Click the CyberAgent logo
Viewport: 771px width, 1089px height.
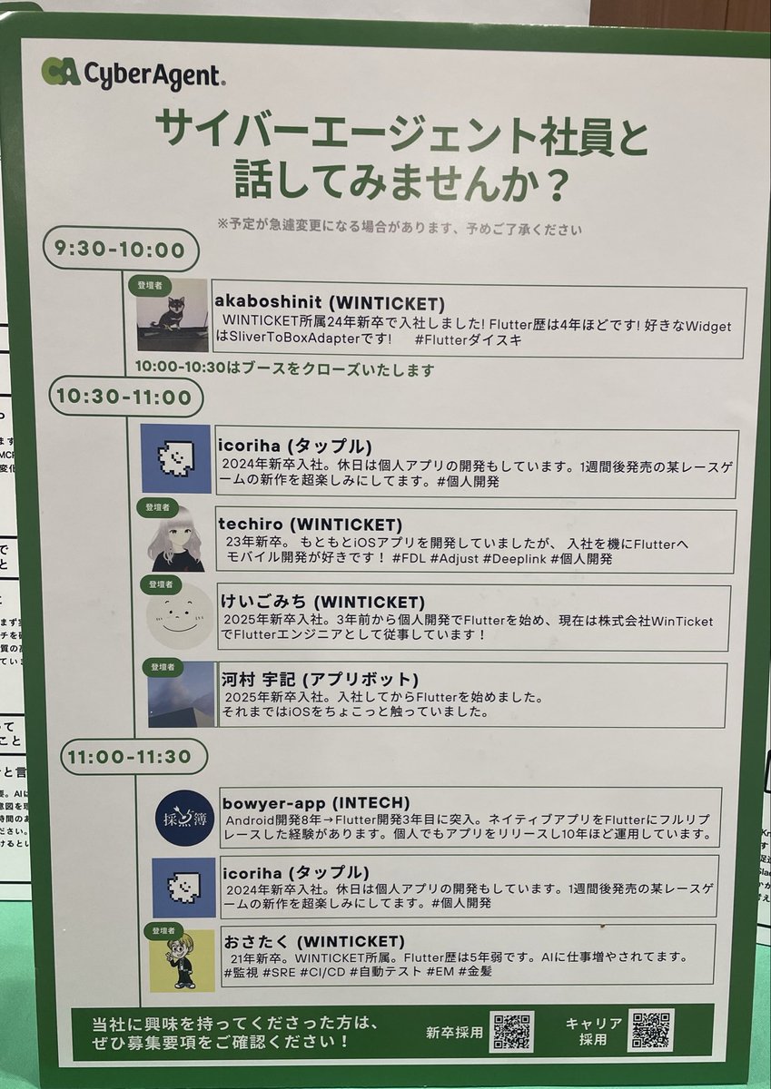point(133,74)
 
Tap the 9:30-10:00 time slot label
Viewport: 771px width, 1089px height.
point(120,250)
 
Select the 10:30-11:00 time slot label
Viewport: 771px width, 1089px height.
point(124,397)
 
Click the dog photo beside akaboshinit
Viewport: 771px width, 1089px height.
point(173,316)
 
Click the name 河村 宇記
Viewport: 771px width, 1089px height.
point(257,678)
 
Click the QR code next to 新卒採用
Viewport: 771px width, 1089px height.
point(512,1032)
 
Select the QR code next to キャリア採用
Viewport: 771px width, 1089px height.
point(653,1030)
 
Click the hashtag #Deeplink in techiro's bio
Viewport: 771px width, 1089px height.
point(516,559)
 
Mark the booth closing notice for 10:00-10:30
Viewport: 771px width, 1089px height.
point(284,369)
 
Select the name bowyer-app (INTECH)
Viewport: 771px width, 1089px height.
point(314,802)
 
